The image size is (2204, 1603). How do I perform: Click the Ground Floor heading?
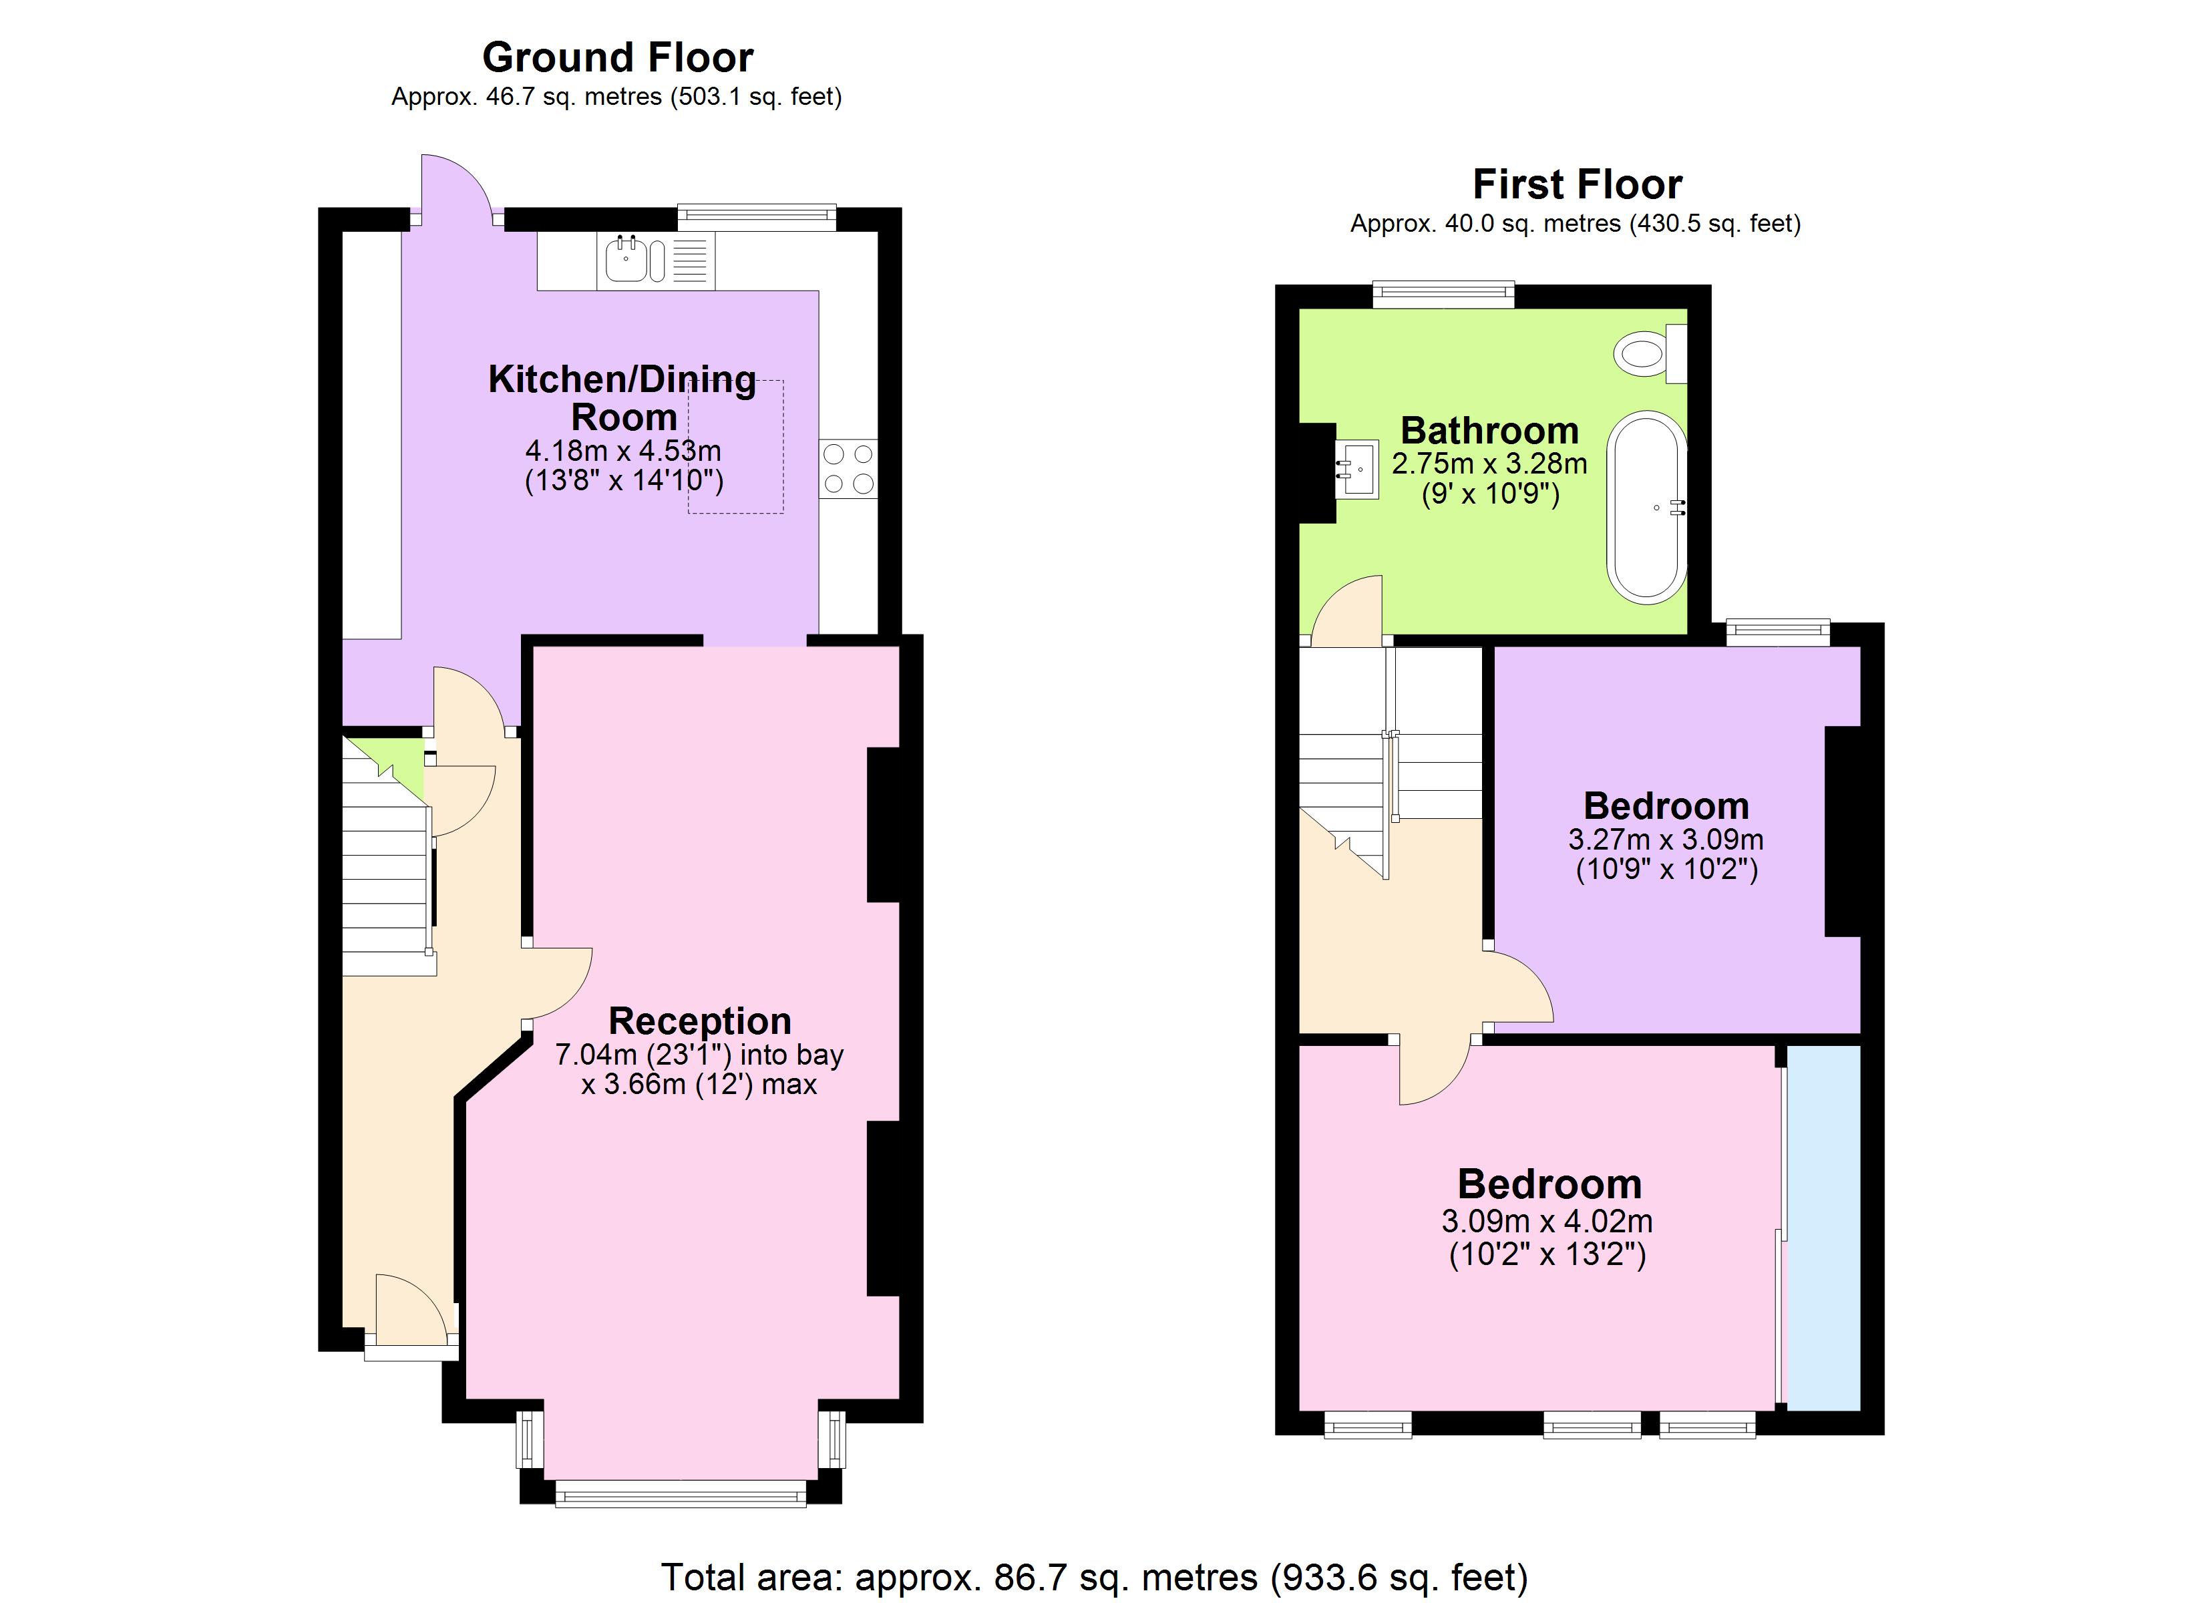pos(617,57)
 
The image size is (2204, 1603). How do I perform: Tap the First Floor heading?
pos(1576,184)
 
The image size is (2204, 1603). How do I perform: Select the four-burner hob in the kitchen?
pos(848,469)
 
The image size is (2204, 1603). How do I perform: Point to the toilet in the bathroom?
pos(1649,353)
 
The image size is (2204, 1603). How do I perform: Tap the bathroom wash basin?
pos(1358,470)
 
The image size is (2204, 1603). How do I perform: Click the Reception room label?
pos(700,1021)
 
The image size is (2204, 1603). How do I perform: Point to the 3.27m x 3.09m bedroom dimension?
pos(1666,839)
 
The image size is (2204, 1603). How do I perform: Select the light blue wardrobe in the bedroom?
pos(1823,1227)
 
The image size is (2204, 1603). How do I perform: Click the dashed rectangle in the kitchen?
pos(735,447)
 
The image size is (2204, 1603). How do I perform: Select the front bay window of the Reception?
pos(681,1494)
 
